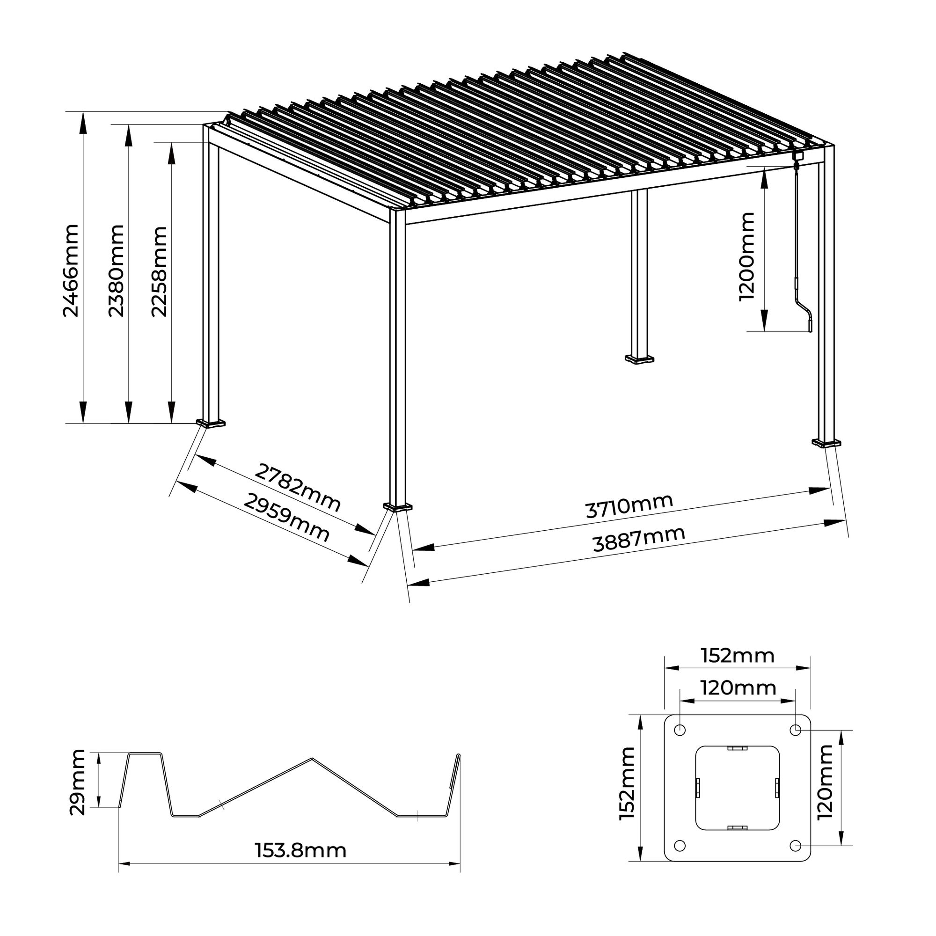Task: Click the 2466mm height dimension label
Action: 71,271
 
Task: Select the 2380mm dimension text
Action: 116,271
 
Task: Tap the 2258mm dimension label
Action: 159,271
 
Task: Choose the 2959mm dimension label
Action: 286,517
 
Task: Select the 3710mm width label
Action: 629,506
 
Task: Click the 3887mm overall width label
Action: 638,540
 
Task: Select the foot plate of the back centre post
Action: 639,359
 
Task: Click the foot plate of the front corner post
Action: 397,507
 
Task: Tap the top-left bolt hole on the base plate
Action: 680,743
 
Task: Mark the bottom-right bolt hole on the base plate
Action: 795,859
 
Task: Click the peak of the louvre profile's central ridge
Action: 312,758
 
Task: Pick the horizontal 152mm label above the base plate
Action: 738,656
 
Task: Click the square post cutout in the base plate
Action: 738,801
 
